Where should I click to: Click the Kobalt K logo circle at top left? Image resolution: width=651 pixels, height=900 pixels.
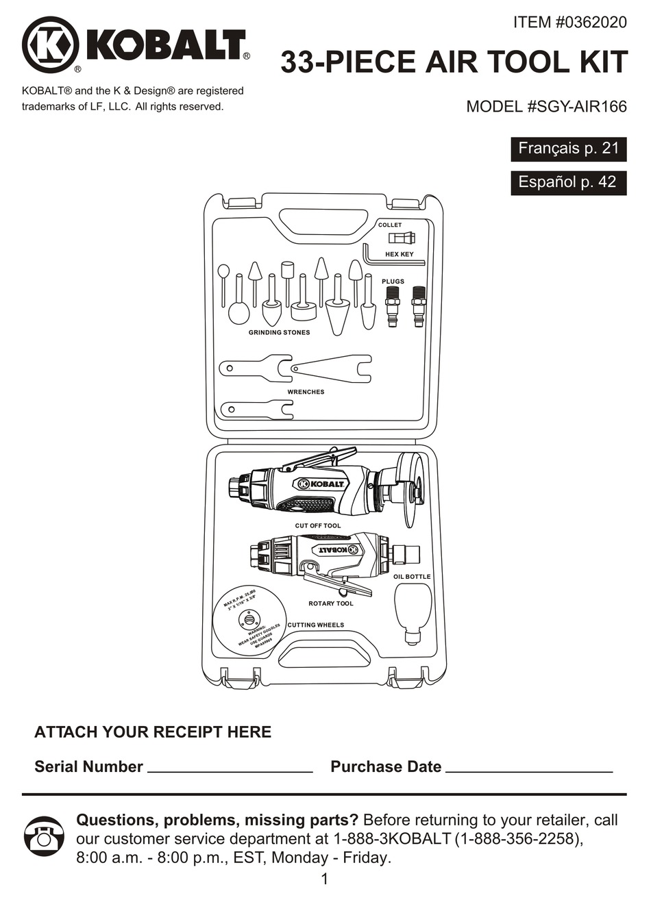pyautogui.click(x=50, y=45)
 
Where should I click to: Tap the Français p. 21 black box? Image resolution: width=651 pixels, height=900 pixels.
pyautogui.click(x=568, y=149)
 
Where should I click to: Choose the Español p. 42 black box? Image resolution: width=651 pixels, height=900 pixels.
pyautogui.click(x=568, y=182)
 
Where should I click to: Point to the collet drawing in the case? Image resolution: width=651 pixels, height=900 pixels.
pyautogui.click(x=402, y=238)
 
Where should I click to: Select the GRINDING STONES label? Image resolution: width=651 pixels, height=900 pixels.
pyautogui.click(x=279, y=333)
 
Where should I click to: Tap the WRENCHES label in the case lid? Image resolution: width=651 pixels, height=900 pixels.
pyautogui.click(x=306, y=392)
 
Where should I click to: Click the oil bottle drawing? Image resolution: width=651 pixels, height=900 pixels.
pyautogui.click(x=413, y=614)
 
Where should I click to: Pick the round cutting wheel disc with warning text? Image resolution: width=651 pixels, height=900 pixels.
pyautogui.click(x=249, y=620)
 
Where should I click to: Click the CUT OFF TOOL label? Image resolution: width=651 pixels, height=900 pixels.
pyautogui.click(x=318, y=526)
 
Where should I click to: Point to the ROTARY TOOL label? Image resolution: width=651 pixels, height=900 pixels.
pyautogui.click(x=331, y=603)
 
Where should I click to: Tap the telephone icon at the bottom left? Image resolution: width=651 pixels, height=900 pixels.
pyautogui.click(x=44, y=838)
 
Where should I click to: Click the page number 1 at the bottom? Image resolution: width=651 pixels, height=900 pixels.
pyautogui.click(x=325, y=879)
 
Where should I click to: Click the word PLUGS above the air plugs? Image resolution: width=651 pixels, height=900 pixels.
pyautogui.click(x=393, y=282)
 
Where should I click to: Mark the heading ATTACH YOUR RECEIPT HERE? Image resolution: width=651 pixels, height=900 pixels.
pyautogui.click(x=153, y=732)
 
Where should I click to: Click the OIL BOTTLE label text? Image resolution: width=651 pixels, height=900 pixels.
pyautogui.click(x=412, y=577)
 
